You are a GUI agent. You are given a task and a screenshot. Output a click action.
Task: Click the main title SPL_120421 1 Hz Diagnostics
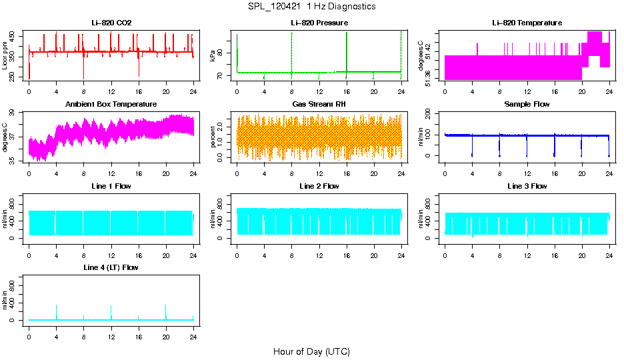[311, 6]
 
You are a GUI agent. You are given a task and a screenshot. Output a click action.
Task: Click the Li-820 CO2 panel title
[111, 23]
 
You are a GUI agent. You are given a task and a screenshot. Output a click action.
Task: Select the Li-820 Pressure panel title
[319, 23]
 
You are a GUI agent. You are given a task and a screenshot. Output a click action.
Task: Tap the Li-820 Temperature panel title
[527, 23]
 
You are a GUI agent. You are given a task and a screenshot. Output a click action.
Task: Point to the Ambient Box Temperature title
[111, 104]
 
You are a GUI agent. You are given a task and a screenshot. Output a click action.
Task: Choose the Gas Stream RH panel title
[319, 104]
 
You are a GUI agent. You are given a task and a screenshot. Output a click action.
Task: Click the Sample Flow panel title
[527, 104]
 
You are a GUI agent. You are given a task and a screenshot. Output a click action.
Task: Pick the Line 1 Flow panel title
[111, 186]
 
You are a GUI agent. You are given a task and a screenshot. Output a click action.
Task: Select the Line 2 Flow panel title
[319, 186]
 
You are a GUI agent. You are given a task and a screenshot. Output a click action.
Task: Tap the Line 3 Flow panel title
[527, 186]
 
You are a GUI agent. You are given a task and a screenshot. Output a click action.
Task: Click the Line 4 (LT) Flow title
[111, 267]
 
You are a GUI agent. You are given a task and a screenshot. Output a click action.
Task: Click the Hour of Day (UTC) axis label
[311, 351]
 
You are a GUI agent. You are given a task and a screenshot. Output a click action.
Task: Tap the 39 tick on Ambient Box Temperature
[14, 113]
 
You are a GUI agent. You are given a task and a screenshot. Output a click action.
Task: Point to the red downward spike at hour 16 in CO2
[139, 70]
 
